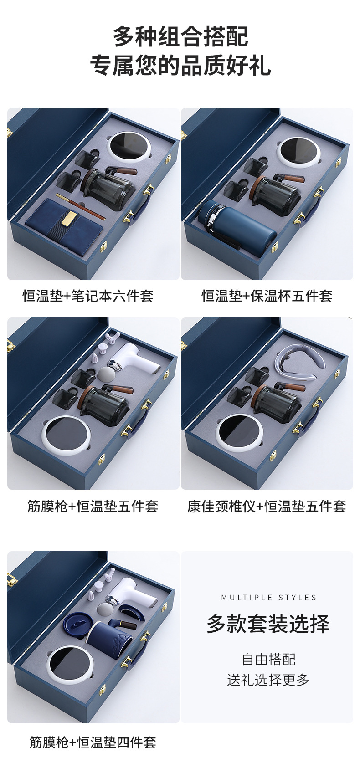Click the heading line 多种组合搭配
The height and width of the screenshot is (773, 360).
pyautogui.click(x=180, y=36)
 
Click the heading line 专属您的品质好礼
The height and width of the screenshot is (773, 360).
pyautogui.click(x=180, y=65)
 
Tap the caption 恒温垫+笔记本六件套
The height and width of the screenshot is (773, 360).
pyautogui.click(x=88, y=296)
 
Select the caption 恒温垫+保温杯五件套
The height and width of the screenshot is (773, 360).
pyautogui.click(x=267, y=296)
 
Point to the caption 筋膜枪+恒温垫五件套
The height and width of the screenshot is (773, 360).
pyautogui.click(x=93, y=506)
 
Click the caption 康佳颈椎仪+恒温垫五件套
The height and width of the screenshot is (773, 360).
pyautogui.click(x=267, y=506)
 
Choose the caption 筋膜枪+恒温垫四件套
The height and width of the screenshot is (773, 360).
pyautogui.click(x=93, y=742)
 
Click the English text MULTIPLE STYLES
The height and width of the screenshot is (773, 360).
pyautogui.click(x=269, y=598)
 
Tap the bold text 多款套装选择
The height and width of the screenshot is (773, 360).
pyautogui.click(x=268, y=624)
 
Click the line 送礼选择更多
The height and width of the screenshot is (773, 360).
pyautogui.click(x=268, y=680)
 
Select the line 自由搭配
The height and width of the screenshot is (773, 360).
pyautogui.click(x=268, y=659)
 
